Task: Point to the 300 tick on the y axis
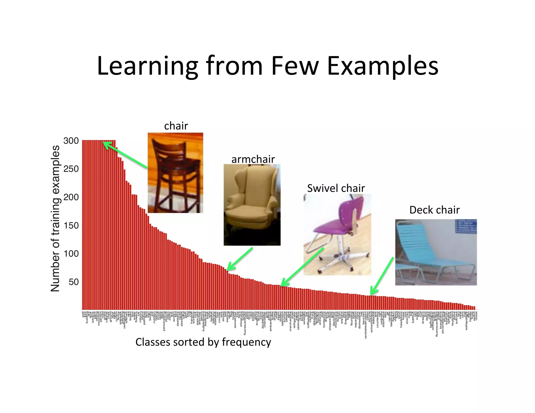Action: [x=71, y=141]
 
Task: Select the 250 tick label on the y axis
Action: [x=71, y=169]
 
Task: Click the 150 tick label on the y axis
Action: [x=71, y=225]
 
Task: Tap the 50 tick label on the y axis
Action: [x=73, y=282]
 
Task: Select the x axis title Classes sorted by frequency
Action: [x=203, y=342]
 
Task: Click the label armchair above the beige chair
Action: [x=253, y=159]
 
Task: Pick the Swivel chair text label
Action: [x=336, y=188]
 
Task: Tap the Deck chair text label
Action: [x=434, y=210]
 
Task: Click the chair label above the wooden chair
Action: [x=176, y=126]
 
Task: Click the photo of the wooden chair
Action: [x=175, y=173]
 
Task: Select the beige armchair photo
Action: [x=252, y=205]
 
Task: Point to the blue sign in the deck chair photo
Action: [x=466, y=226]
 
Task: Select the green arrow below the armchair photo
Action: [x=240, y=259]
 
